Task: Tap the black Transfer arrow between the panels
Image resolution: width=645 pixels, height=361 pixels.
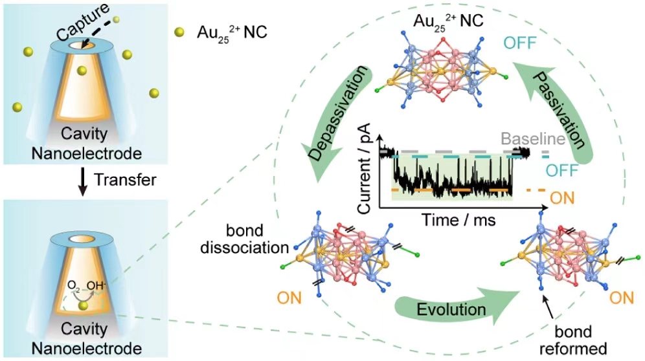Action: click(x=82, y=180)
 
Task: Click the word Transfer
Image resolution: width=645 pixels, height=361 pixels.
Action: click(x=125, y=180)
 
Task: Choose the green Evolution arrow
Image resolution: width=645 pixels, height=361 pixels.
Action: click(x=453, y=307)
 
